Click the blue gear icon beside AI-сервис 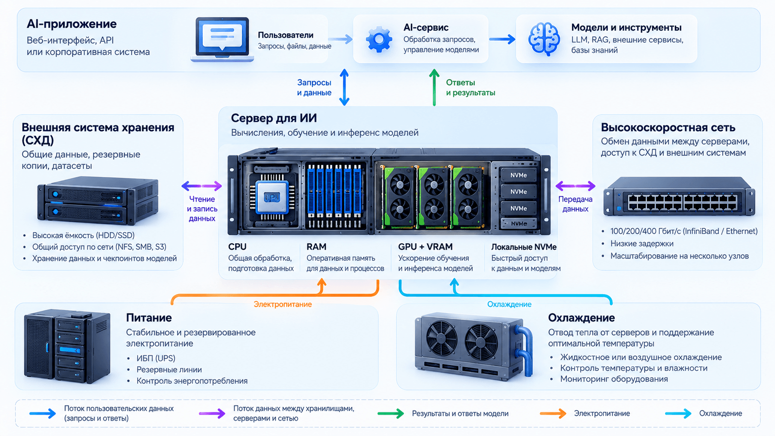pyautogui.click(x=379, y=39)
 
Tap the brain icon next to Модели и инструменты pyautogui.click(x=544, y=39)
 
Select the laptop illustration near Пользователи pyautogui.click(x=222, y=39)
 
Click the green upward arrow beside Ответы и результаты pyautogui.click(x=434, y=87)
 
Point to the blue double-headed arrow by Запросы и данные pyautogui.click(x=344, y=87)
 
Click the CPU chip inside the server pyautogui.click(x=272, y=197)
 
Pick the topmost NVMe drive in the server pyautogui.click(x=518, y=175)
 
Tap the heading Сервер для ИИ pyautogui.click(x=273, y=118)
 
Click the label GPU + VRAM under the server pyautogui.click(x=425, y=246)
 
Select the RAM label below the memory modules pyautogui.click(x=316, y=246)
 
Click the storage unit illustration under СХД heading pyautogui.click(x=97, y=201)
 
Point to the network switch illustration pyautogui.click(x=679, y=197)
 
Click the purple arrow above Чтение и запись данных pyautogui.click(x=202, y=186)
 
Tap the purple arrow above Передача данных pyautogui.click(x=575, y=186)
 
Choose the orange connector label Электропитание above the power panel pyautogui.click(x=283, y=304)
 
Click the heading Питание pyautogui.click(x=149, y=317)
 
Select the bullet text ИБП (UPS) pyautogui.click(x=156, y=358)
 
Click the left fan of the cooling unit pyautogui.click(x=441, y=337)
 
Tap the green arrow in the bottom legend pyautogui.click(x=391, y=413)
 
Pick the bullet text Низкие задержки pyautogui.click(x=642, y=243)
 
